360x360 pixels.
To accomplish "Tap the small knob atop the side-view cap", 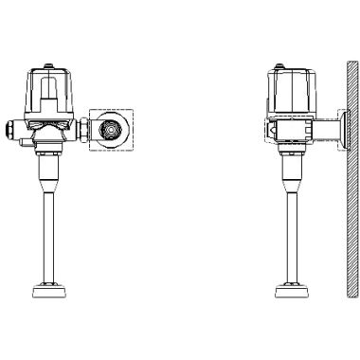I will [x=276, y=66].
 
